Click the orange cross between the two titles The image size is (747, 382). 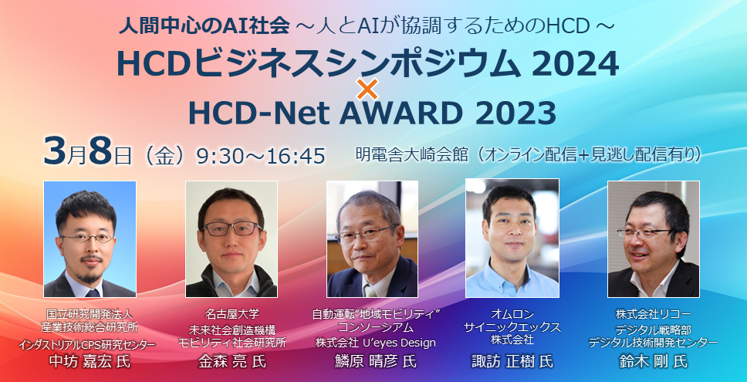point(367,89)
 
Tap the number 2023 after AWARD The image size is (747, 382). point(515,114)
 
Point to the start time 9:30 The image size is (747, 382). point(221,156)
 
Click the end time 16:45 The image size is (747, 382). point(297,156)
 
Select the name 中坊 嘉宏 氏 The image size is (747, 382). point(90,361)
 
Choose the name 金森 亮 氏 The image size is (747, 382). point(232,361)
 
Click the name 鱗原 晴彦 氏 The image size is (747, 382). point(376,361)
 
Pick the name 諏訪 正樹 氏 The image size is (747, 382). point(512,361)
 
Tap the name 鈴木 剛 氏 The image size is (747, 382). point(653,361)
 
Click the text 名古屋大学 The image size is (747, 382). point(232,314)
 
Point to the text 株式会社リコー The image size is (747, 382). point(653,315)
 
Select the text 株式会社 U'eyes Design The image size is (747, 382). point(375,343)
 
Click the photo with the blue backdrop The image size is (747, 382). point(90,239)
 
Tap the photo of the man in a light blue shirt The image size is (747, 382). point(512,238)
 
